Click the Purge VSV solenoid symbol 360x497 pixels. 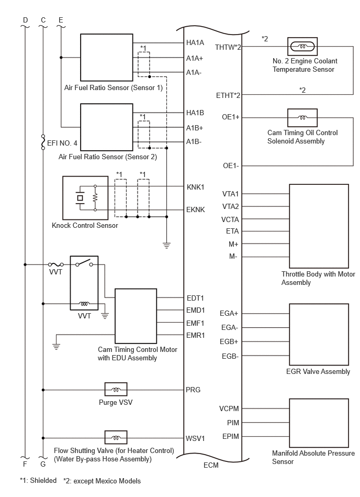coord(116,389)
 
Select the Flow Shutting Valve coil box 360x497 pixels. coord(116,437)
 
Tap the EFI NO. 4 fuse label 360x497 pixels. coord(62,143)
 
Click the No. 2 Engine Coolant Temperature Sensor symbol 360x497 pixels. coord(302,46)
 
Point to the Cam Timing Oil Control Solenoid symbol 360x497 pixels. coord(302,118)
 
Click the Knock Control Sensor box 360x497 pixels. coord(85,198)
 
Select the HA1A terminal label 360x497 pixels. coord(195,42)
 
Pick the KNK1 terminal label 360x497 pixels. coord(196,187)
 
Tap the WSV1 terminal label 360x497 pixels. coord(195,438)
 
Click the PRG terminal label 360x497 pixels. coord(193,390)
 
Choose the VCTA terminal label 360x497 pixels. coord(230,219)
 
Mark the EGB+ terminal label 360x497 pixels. coord(229,341)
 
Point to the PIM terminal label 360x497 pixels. coord(233,423)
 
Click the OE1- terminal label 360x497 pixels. coord(231,165)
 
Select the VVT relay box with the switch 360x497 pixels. coord(84,283)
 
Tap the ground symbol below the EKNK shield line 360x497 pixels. coord(166,245)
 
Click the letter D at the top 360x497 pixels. coord(25,20)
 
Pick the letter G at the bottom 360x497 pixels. coord(43,464)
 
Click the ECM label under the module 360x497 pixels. coord(211,465)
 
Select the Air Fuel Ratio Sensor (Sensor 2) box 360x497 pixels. coord(107,127)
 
